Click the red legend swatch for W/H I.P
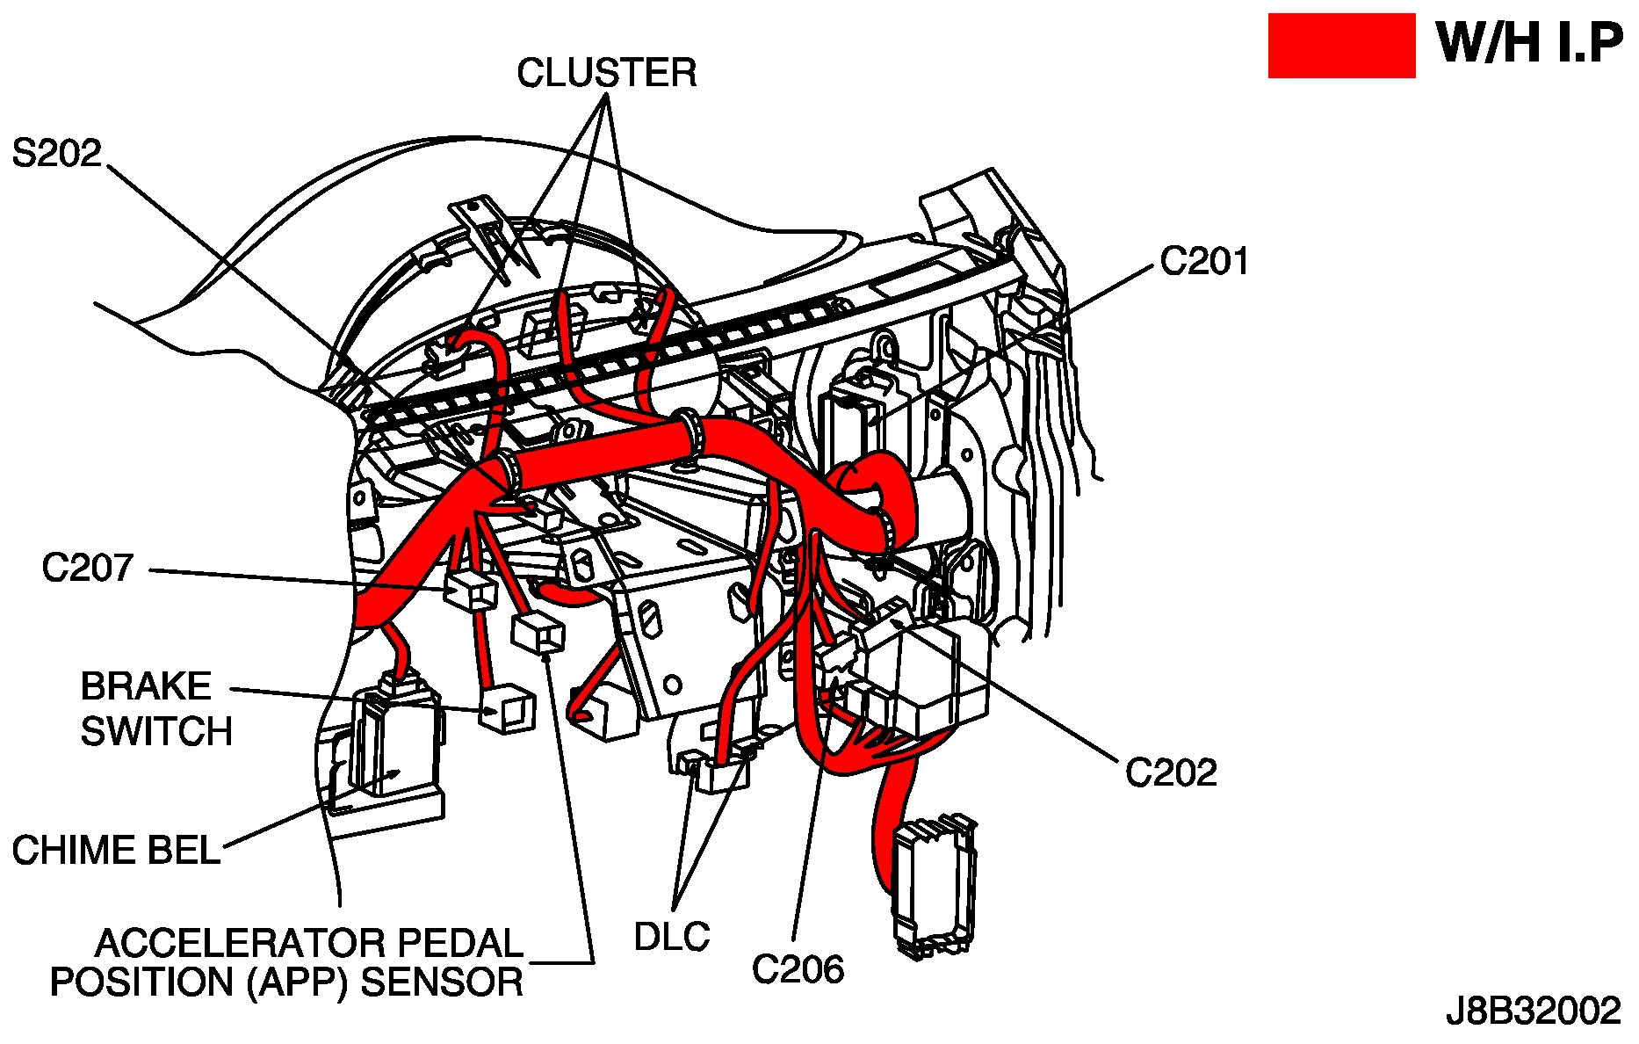tap(1340, 46)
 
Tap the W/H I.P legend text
tap(1529, 43)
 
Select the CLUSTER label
tap(606, 73)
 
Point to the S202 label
tap(57, 154)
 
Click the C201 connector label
tap(1203, 261)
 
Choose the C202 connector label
tap(1171, 773)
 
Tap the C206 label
tap(798, 969)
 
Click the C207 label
tap(88, 568)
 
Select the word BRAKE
tap(146, 686)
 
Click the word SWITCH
tap(156, 731)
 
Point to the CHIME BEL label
tap(116, 850)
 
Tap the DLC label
tap(672, 937)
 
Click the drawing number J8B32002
tap(1533, 1011)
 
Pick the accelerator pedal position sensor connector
tap(537, 633)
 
